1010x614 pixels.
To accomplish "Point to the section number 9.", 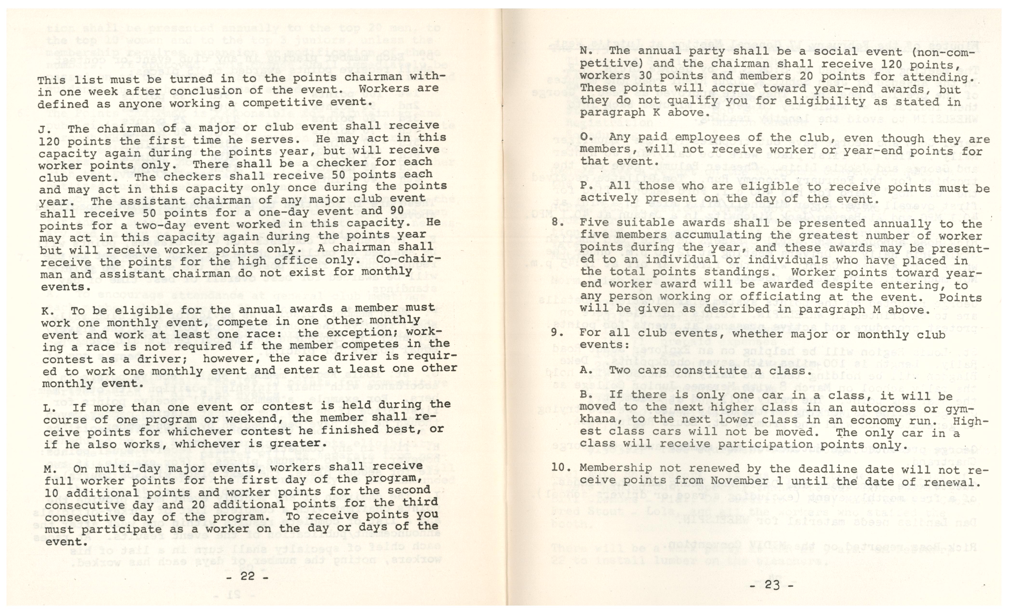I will click(x=555, y=333).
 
